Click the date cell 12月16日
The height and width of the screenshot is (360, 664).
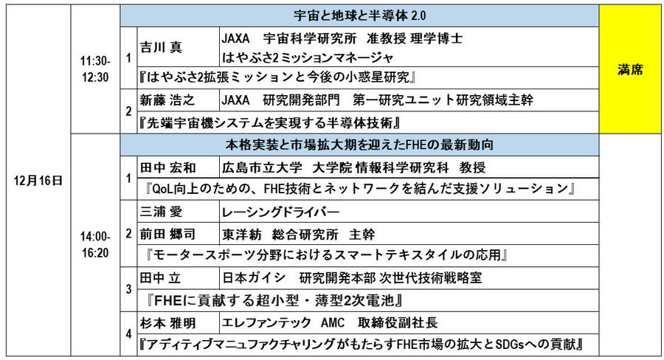coord(38,180)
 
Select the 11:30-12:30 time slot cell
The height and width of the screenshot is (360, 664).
coord(95,70)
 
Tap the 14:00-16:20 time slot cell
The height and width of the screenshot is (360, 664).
coord(95,243)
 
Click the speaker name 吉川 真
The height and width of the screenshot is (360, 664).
coord(161,47)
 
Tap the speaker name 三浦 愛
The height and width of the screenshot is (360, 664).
coord(161,212)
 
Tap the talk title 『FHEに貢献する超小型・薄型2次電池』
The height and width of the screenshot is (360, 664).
coord(273,300)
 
